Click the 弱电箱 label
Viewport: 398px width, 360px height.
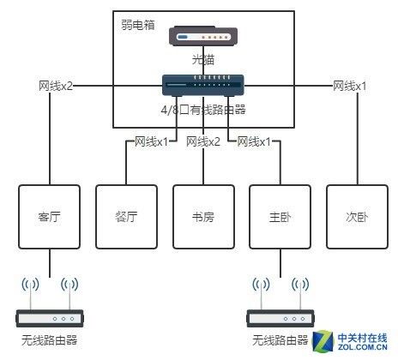[138, 25]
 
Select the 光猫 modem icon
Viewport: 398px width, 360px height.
[203, 36]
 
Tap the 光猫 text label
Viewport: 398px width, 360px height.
[203, 60]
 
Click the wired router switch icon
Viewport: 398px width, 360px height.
[203, 85]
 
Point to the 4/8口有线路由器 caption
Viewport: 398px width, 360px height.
[203, 110]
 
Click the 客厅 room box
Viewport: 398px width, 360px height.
[49, 217]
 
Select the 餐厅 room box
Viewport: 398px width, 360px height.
[126, 217]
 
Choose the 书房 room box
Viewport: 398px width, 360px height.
[203, 217]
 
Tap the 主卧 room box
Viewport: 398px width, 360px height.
[280, 217]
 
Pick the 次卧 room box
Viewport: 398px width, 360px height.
[357, 217]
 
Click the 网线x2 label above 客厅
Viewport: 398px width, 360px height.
[56, 86]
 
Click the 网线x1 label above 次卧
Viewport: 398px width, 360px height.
[349, 86]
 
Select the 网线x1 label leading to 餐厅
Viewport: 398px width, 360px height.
[151, 141]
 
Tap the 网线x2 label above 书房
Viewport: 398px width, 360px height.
[203, 141]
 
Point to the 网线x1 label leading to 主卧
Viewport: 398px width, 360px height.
[254, 141]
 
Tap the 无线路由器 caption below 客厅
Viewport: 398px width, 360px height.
[49, 340]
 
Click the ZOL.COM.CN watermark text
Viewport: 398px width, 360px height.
[363, 347]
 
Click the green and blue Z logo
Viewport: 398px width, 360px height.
[323, 341]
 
